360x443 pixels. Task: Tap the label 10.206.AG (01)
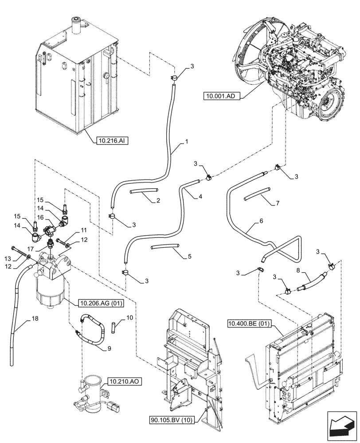pyautogui.click(x=101, y=303)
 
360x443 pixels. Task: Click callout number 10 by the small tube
pyautogui.click(x=129, y=318)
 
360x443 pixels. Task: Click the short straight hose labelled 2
pyautogui.click(x=145, y=190)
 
